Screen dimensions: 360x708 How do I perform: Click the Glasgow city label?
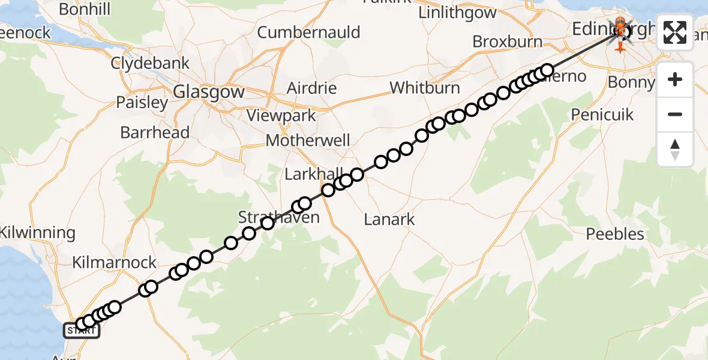point(209,92)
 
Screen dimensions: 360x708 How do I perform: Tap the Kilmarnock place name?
point(114,263)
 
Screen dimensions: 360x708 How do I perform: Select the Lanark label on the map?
point(389,219)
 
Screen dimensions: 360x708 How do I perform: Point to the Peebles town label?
point(615,233)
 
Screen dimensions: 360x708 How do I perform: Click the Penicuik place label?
point(602,115)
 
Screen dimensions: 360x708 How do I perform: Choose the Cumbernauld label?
point(309,32)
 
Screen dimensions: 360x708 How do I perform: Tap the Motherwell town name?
point(308,140)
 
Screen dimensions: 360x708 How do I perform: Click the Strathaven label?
point(279,217)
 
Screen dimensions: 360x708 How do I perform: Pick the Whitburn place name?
point(425,88)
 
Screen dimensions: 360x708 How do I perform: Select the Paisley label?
point(142,103)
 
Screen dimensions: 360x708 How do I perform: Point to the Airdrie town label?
point(311,88)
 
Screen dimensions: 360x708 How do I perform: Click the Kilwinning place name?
point(38,233)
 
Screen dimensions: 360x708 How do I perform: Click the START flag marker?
point(80,330)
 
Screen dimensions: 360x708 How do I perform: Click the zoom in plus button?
point(675,80)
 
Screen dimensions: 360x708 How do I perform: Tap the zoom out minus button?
point(675,115)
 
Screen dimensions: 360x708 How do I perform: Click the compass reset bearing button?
point(675,149)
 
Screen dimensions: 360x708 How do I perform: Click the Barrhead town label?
point(155,133)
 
